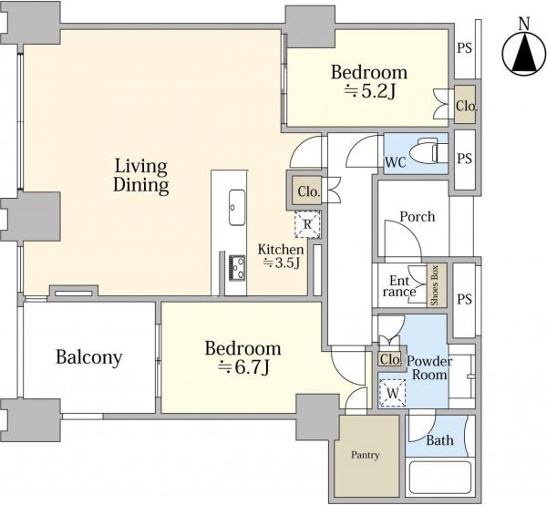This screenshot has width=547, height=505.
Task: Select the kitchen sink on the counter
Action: pyautogui.click(x=237, y=207)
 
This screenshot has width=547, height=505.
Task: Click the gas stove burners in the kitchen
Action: pyautogui.click(x=237, y=268)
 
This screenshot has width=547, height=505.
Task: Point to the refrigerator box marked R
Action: pyautogui.click(x=307, y=224)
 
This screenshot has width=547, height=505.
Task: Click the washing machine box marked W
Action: pyautogui.click(x=392, y=393)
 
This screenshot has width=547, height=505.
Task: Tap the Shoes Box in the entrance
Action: pyautogui.click(x=436, y=285)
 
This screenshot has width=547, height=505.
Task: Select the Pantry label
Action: pyautogui.click(x=365, y=455)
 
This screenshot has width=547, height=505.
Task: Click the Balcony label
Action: pyautogui.click(x=89, y=357)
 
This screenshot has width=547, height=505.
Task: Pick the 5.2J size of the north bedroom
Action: pyautogui.click(x=370, y=91)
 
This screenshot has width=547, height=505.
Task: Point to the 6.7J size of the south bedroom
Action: pyautogui.click(x=243, y=366)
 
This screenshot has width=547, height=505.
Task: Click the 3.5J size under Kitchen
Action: pyautogui.click(x=281, y=263)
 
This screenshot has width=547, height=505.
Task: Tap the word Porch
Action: pyautogui.click(x=418, y=217)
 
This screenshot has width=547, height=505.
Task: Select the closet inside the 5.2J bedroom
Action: pyautogui.click(x=465, y=104)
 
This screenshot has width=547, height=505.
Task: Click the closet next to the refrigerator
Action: pyautogui.click(x=307, y=191)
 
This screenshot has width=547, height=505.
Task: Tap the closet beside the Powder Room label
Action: pyautogui.click(x=390, y=359)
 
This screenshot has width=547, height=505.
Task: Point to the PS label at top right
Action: pyautogui.click(x=464, y=48)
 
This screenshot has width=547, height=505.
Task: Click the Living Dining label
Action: pyautogui.click(x=141, y=175)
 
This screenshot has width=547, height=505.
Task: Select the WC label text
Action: pyautogui.click(x=396, y=162)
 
